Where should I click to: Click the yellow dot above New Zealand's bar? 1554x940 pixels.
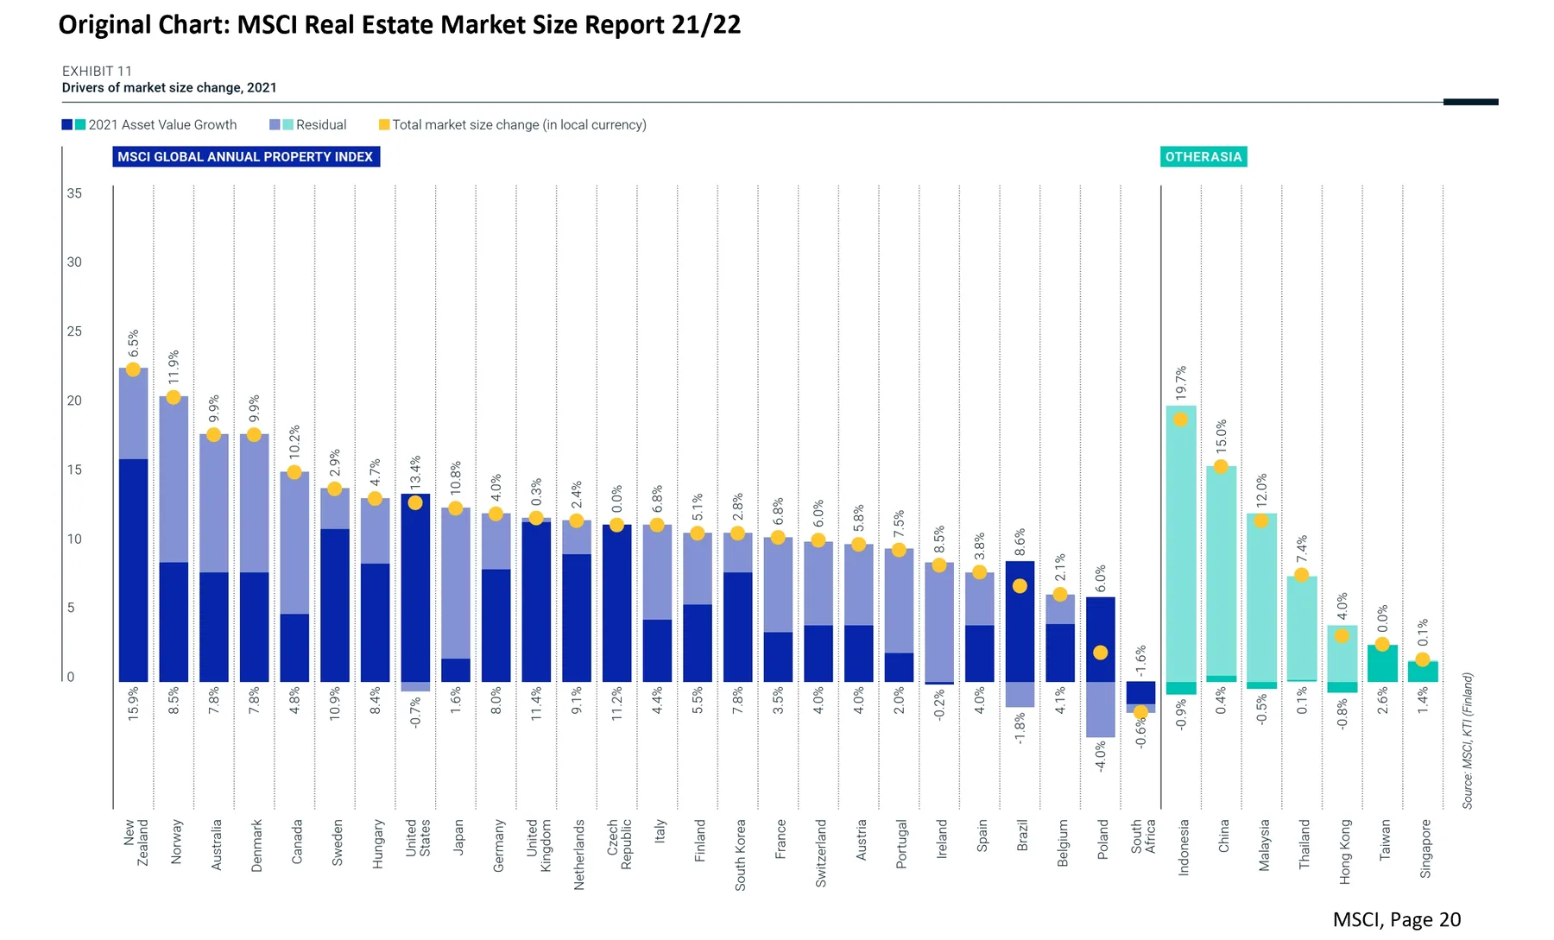tap(133, 369)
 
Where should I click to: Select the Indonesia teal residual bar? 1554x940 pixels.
tap(1181, 544)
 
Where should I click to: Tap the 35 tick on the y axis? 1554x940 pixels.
tap(75, 193)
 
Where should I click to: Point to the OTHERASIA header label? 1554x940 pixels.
tap(1203, 156)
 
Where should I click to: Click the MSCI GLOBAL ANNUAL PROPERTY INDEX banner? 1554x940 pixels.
tap(246, 156)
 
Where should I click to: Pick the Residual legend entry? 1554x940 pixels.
tap(308, 125)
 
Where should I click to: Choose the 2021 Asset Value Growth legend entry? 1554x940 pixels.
tap(149, 125)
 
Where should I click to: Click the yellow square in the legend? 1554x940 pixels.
tap(384, 125)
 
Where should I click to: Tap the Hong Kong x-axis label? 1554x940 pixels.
tap(1345, 851)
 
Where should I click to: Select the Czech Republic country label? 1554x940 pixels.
tap(619, 844)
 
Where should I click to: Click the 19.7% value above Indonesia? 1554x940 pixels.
tap(1181, 383)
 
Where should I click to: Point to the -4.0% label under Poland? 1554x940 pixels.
tap(1101, 756)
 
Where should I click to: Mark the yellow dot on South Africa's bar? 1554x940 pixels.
tap(1140, 712)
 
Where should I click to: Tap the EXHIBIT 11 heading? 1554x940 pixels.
tap(97, 71)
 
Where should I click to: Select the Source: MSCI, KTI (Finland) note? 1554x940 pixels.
tap(1468, 741)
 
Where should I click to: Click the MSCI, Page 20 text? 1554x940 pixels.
tap(1397, 920)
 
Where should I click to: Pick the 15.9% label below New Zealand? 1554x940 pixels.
tap(133, 704)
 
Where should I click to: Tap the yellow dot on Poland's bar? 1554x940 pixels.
tap(1100, 653)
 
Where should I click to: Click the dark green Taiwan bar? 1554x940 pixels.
tap(1382, 664)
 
